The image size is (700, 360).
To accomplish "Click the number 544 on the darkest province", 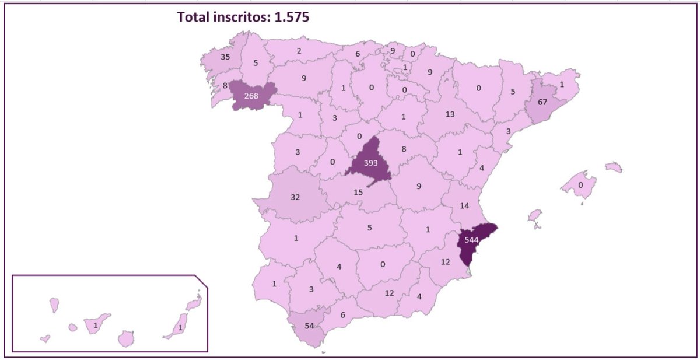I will click(x=471, y=240).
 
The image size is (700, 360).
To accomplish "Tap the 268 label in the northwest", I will click(x=251, y=96).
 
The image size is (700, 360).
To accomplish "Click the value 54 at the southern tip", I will click(x=310, y=325).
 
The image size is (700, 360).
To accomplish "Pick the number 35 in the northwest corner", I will click(x=225, y=57).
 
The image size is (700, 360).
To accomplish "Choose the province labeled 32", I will click(x=295, y=197).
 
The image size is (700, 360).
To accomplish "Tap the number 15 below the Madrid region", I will click(x=359, y=192).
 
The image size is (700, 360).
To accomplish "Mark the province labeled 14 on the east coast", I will click(x=464, y=205).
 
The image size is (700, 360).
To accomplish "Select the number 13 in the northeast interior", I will click(x=450, y=114).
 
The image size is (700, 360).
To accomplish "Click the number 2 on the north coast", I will click(x=299, y=51).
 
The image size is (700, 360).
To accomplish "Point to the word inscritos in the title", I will click(x=240, y=18).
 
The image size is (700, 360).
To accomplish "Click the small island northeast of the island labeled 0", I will click(x=613, y=168).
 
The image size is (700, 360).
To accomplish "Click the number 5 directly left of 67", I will click(x=512, y=91).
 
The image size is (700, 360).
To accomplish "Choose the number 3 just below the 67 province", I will click(x=508, y=131).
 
